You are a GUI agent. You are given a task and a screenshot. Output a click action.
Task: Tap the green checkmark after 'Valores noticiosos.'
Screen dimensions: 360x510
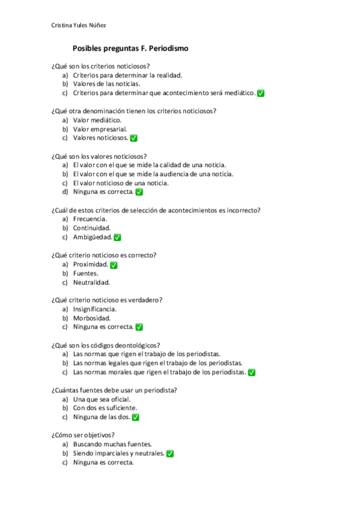(133, 138)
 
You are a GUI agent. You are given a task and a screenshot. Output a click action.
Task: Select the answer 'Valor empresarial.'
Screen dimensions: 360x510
(100, 129)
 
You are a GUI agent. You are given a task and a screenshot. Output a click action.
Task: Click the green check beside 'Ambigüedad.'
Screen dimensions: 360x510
(117, 238)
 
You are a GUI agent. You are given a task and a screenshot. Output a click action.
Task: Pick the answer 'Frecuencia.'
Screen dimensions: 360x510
(90, 220)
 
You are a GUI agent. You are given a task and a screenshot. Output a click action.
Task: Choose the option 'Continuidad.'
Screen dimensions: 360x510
(91, 229)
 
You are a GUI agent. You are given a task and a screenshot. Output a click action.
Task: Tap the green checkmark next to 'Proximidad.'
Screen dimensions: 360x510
(114, 265)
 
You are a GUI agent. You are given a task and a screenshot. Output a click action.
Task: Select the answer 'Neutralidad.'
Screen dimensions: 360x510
(91, 283)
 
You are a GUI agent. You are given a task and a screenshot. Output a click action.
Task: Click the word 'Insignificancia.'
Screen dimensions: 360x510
(94, 309)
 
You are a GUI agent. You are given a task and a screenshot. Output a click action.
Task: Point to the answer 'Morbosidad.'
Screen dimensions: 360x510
(91, 318)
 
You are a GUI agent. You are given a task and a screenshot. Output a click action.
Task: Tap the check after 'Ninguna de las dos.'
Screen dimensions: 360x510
(135, 417)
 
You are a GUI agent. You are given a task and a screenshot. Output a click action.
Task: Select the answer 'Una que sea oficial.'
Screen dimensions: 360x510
(102, 399)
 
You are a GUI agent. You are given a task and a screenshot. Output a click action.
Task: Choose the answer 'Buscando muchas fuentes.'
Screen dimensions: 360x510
(108, 444)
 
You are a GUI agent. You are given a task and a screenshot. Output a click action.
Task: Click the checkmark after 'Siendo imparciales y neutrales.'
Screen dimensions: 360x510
(170, 453)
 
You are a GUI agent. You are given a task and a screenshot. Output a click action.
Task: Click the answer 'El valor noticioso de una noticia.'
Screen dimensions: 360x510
(121, 183)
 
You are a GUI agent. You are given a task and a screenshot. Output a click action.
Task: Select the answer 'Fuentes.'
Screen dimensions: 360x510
(85, 274)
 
